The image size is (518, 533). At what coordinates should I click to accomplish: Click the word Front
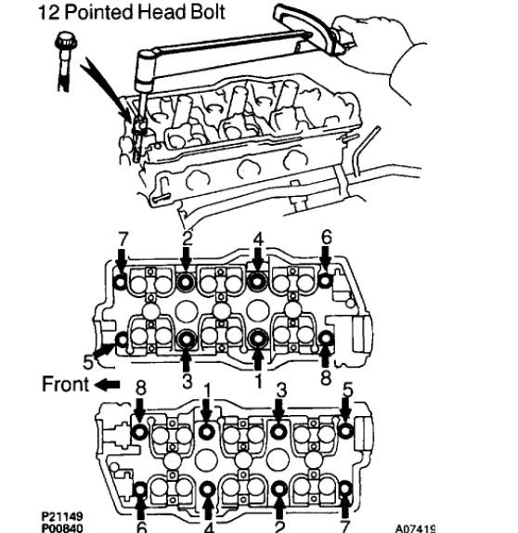coord(65,383)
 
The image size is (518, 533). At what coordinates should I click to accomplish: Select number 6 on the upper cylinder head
coord(326,238)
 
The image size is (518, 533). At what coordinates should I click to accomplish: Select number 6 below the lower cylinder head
coord(140,526)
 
